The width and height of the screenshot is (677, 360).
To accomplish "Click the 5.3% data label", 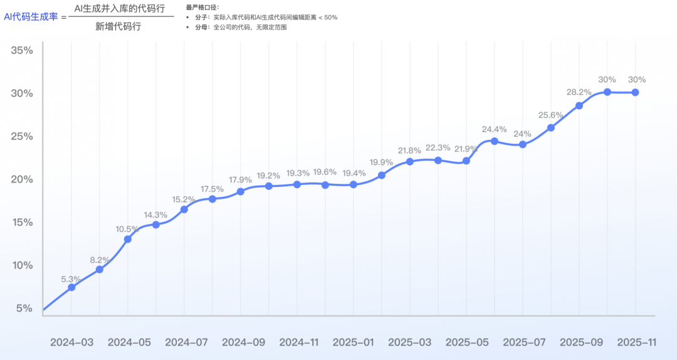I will click(71, 279).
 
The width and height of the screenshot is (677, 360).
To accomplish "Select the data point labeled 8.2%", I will click(99, 269).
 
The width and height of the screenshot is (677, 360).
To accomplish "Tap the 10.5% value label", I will click(128, 229).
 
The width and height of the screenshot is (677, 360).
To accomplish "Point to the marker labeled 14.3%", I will click(156, 225).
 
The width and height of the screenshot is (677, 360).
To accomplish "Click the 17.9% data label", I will click(240, 180).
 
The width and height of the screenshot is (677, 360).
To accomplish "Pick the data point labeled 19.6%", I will click(325, 185).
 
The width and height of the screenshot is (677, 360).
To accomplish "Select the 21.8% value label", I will click(409, 151).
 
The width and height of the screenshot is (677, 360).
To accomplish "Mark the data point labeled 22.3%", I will click(438, 160).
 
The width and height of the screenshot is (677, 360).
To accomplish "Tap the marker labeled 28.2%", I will click(579, 105).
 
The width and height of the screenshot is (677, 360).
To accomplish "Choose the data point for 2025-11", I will click(635, 92).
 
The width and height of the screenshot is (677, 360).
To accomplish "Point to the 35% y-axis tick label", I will click(22, 50).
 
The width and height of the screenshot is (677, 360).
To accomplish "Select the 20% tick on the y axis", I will click(22, 179).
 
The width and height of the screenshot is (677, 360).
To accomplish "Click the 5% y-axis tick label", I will click(24, 309).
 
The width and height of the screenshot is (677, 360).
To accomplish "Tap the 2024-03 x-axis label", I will click(71, 342).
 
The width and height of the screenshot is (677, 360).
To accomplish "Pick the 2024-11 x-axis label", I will click(298, 342).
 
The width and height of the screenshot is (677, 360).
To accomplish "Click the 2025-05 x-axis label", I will click(466, 342).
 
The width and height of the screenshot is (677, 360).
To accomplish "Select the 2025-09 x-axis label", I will click(580, 342).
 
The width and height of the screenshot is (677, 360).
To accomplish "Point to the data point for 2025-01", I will click(353, 184).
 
